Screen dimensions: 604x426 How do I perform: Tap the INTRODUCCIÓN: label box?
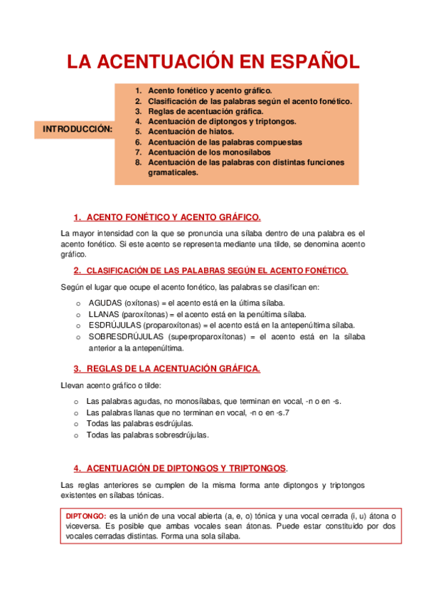click(78, 129)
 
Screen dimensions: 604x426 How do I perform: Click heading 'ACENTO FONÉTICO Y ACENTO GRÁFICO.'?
click(173, 217)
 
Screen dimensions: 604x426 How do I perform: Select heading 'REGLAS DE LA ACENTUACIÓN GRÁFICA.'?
click(173, 369)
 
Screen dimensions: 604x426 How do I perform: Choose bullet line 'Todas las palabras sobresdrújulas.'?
click(147, 434)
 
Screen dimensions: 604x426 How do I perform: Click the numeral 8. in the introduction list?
click(138, 162)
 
